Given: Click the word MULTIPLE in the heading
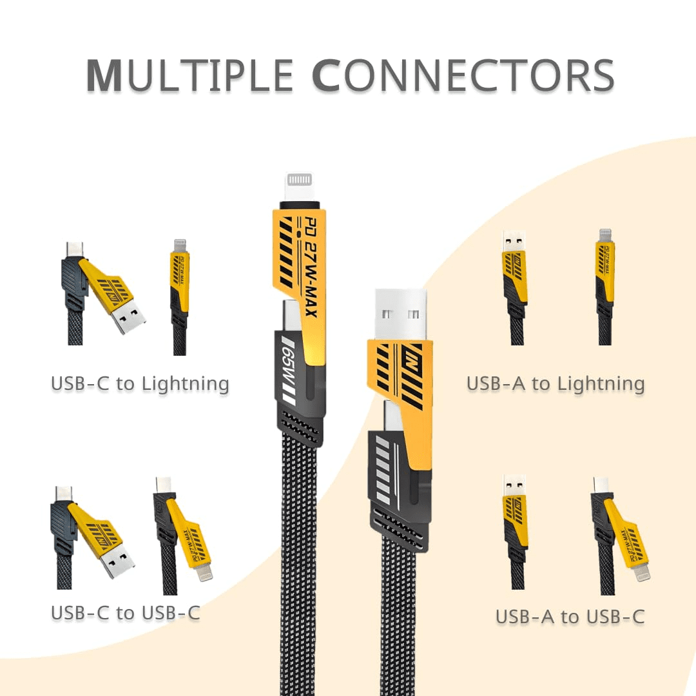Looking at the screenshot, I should pos(191,75).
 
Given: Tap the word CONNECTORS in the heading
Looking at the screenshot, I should pos(462,75).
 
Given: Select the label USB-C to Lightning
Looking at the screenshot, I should pos(140,384).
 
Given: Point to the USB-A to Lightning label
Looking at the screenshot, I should pos(556,384).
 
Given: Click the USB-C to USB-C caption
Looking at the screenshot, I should pos(126,613).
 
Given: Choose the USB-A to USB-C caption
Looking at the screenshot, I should pos(570,617).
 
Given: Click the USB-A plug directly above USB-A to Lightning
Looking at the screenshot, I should pos(514,240).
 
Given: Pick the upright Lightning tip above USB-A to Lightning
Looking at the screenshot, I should pos(604,236).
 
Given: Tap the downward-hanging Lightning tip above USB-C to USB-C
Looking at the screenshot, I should pos(205,572).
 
